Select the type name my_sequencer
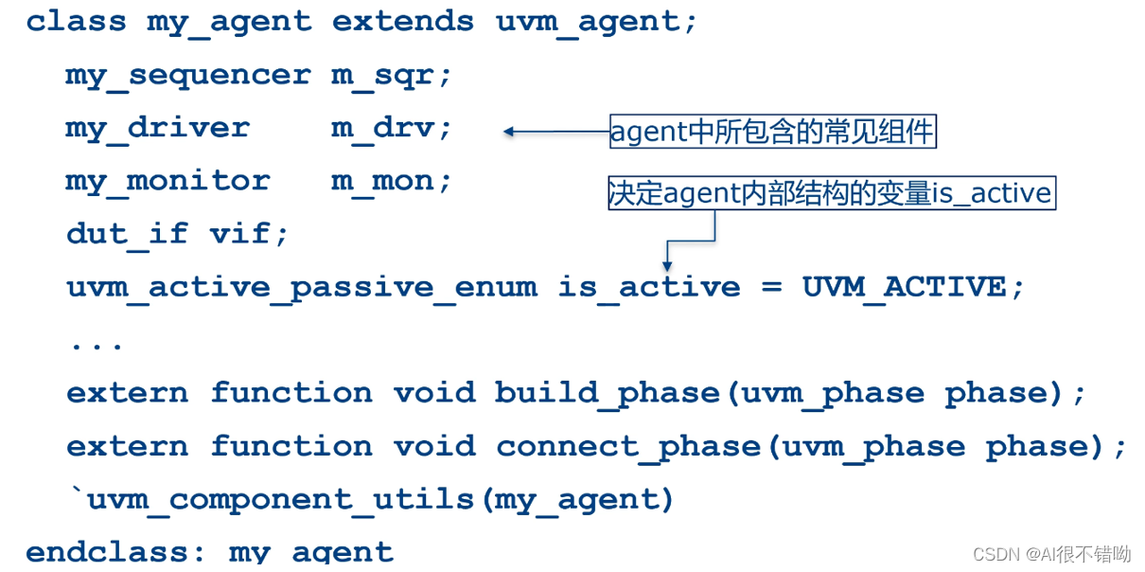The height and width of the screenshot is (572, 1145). (187, 75)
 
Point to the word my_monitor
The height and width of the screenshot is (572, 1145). (167, 180)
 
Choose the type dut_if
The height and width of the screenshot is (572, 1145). (127, 233)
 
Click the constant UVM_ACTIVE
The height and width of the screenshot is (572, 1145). (904, 286)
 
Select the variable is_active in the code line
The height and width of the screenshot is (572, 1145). (648, 286)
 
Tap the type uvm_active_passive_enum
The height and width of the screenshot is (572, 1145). (301, 286)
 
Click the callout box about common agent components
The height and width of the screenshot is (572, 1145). (772, 132)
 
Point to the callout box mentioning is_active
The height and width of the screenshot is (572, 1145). (830, 192)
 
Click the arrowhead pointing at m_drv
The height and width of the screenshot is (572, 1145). (508, 132)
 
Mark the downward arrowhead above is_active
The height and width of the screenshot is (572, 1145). (668, 266)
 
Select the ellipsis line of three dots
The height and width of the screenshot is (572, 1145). (97, 343)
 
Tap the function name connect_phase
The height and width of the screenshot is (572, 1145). (628, 445)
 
